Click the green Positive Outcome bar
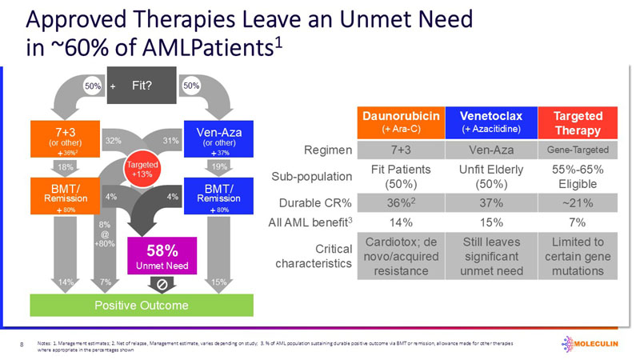click(142, 306)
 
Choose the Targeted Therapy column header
click(577, 122)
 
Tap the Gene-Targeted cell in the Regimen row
click(577, 150)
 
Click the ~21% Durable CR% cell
click(577, 202)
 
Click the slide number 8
click(21, 344)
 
